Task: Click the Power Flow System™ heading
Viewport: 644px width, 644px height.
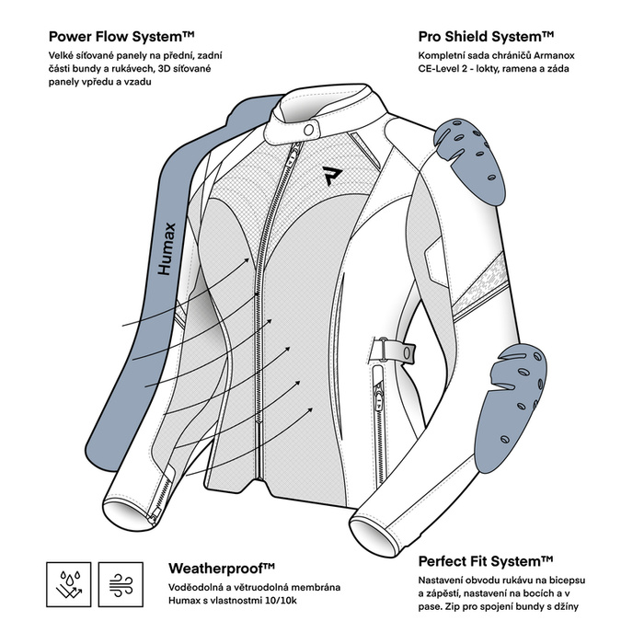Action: [x=121, y=37]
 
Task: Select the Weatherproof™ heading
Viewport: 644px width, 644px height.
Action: [x=222, y=568]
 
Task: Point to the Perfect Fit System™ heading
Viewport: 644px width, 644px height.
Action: [x=486, y=560]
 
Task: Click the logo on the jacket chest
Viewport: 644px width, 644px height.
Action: [x=330, y=175]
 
